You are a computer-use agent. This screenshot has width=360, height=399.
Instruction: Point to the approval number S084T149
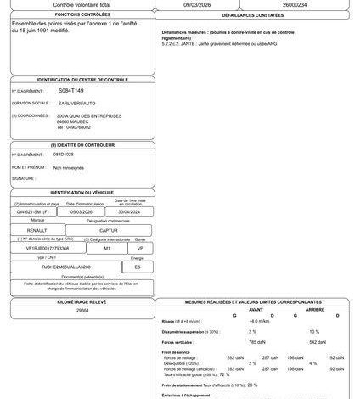click(71, 89)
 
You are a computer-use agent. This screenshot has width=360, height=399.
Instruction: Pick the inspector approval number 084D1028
click(65, 155)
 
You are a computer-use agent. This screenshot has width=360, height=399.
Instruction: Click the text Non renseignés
click(70, 168)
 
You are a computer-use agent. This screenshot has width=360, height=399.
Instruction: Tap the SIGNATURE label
click(23, 179)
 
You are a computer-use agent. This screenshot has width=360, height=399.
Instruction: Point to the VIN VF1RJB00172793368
click(48, 249)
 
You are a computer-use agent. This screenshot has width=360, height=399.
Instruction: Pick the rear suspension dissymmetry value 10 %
click(314, 331)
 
